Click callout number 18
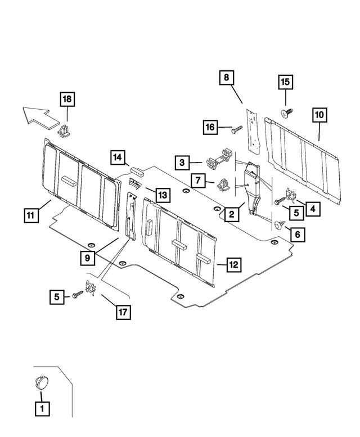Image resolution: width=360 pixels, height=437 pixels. tap(67, 100)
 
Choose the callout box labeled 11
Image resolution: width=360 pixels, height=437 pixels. tap(31, 214)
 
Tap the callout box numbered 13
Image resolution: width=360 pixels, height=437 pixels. tap(162, 195)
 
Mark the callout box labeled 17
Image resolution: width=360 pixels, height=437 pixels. tap(122, 312)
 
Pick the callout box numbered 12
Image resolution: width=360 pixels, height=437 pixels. tap(233, 263)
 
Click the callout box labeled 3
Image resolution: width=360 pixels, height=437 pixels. tap(182, 163)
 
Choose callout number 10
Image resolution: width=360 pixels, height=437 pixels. tap(319, 115)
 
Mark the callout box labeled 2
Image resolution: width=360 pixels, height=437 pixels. tap(231, 214)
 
